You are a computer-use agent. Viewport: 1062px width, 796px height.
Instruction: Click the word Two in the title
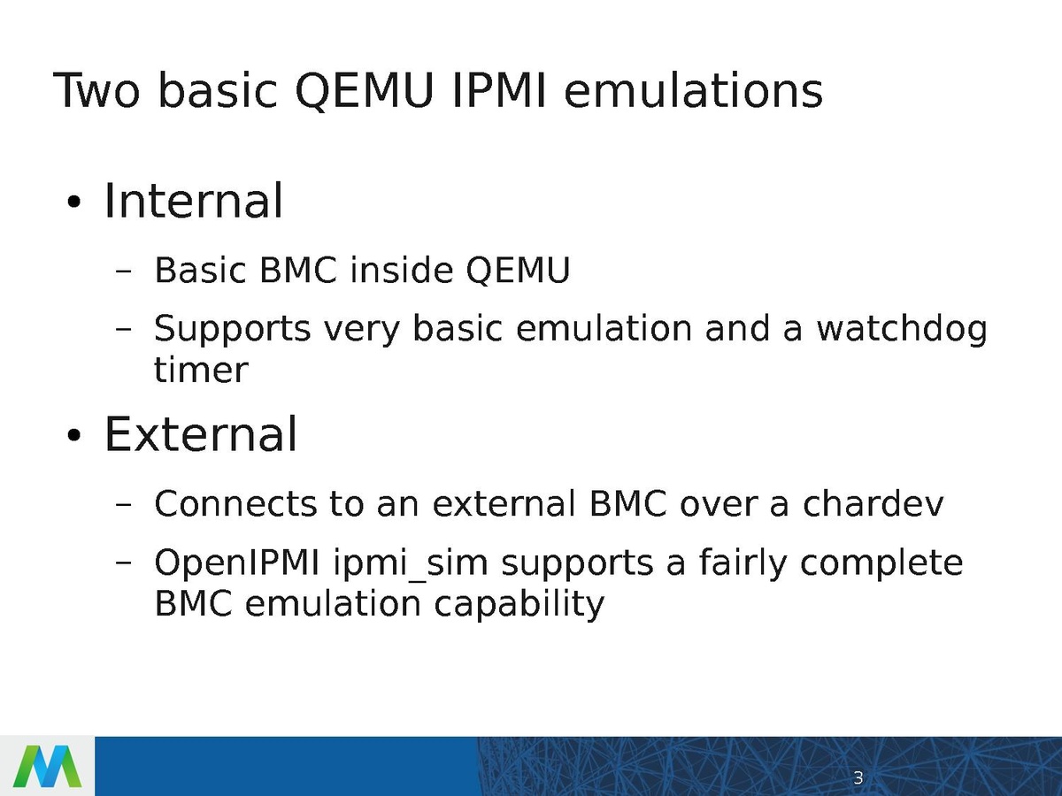96,90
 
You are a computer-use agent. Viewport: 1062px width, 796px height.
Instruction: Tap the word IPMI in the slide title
499,90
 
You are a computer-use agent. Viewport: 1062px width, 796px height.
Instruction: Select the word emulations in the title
693,90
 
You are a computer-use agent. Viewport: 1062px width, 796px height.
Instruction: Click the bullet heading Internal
193,201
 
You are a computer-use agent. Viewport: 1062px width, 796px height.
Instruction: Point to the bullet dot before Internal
73,203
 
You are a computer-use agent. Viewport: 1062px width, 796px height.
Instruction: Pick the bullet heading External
200,434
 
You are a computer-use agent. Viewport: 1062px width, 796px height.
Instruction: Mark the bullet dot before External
73,435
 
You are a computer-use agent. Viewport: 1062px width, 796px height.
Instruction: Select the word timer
201,371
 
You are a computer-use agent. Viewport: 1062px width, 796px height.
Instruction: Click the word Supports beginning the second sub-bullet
232,330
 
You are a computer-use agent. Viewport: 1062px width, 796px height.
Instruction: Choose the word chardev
873,503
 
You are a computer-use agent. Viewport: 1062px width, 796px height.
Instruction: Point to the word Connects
235,503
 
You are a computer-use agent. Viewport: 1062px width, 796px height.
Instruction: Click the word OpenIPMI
237,563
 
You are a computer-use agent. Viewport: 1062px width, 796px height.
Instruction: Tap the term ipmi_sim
411,564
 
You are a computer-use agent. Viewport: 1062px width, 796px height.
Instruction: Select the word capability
519,604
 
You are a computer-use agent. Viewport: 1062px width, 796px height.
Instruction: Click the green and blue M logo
48,767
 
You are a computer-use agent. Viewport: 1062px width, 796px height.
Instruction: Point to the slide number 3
858,777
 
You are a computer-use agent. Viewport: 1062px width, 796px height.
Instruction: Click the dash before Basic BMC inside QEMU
123,272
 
